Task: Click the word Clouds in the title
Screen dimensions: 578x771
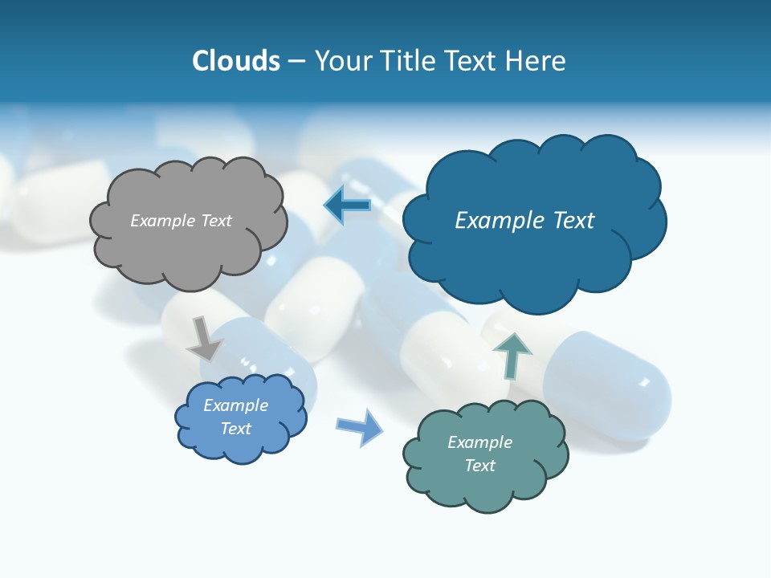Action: click(x=236, y=61)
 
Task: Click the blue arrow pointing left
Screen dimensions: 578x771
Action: click(x=348, y=206)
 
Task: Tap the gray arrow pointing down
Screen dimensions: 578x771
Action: click(x=204, y=339)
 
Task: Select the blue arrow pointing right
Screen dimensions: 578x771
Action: click(x=360, y=426)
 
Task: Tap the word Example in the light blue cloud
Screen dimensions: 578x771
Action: click(x=236, y=405)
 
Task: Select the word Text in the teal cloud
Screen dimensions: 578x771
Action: click(x=479, y=466)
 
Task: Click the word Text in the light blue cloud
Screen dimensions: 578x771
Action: click(x=236, y=429)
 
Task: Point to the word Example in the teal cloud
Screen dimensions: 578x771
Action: click(x=479, y=442)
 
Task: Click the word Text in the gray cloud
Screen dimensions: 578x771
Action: click(x=215, y=221)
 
